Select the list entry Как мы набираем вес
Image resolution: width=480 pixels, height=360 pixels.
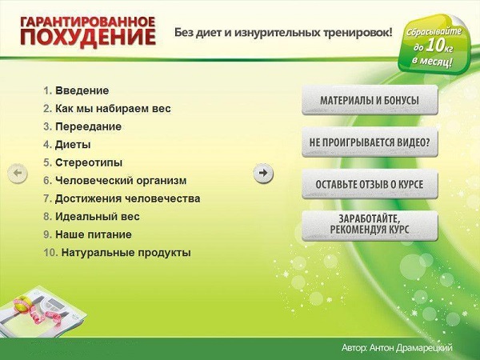[113, 108]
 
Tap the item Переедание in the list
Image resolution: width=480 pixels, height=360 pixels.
[88, 126]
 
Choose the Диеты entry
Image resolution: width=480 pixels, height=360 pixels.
[73, 145]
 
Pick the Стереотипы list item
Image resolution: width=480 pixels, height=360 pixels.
[88, 162]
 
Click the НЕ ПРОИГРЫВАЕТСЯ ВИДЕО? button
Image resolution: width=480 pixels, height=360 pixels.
[370, 143]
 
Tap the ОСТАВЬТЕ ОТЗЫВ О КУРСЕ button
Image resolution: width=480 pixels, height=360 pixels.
[370, 185]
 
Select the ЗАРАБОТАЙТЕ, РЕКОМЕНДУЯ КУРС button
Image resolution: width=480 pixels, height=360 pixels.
[370, 224]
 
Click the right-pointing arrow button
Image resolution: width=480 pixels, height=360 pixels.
[263, 173]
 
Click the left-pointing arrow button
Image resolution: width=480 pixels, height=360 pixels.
[17, 173]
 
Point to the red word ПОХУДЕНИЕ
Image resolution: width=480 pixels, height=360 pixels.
[88, 38]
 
